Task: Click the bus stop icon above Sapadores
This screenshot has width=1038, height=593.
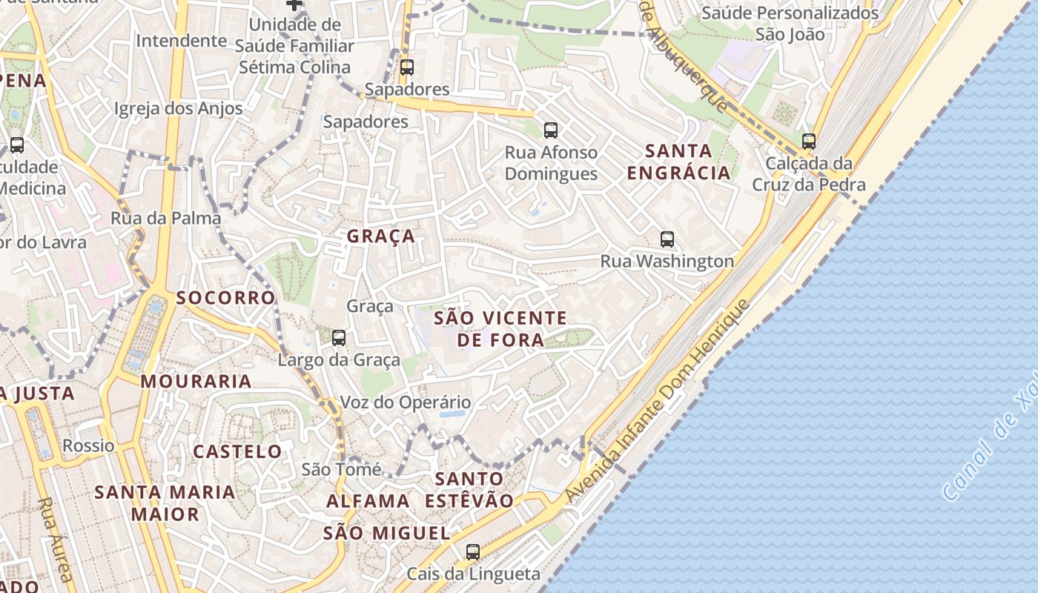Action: [x=406, y=67]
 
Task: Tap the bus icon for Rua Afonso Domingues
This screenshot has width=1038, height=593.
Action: [x=550, y=130]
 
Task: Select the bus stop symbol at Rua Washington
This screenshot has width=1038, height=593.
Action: [x=667, y=239]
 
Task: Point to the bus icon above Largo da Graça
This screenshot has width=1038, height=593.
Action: [x=339, y=338]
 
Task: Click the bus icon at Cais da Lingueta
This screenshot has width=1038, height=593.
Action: [x=473, y=551]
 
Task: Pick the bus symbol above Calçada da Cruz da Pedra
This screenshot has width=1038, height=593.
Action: [x=809, y=141]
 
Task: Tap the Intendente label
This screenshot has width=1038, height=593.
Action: [x=181, y=40]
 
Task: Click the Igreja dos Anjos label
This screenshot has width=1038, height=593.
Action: [x=179, y=109]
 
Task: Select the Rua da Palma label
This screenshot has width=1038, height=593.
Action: [x=166, y=218]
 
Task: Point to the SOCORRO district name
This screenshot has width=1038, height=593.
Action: [x=226, y=298]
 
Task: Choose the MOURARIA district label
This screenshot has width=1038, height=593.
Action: [x=196, y=382]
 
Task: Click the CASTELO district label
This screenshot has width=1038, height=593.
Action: [x=237, y=451]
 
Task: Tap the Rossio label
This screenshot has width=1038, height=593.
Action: [x=88, y=445]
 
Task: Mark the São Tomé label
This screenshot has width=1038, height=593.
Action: [x=341, y=469]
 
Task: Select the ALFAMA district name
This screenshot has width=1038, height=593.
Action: [x=368, y=501]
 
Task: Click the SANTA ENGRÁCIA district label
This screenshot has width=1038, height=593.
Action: [x=678, y=162]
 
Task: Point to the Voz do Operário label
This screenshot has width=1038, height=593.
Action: [x=405, y=402]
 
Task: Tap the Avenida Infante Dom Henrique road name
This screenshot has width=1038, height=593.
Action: [x=657, y=401]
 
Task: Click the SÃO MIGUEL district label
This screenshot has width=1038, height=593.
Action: [x=387, y=533]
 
